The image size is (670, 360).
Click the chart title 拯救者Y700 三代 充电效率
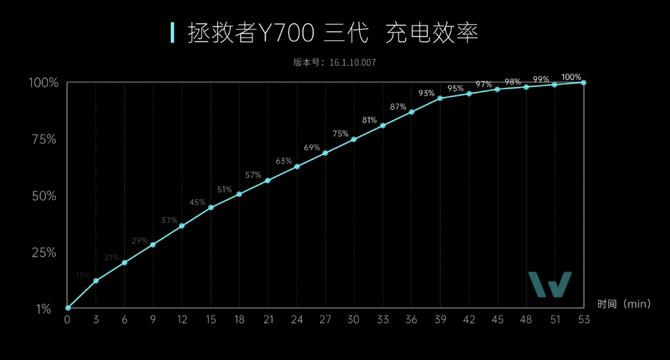(333, 33)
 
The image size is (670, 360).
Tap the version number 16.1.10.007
(352, 63)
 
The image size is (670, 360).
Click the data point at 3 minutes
(96, 281)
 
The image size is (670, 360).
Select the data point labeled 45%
(211, 208)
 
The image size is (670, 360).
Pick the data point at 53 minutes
(583, 83)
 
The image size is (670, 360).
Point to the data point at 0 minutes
(68, 308)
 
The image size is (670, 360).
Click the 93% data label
(426, 93)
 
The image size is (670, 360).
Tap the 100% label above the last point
(571, 77)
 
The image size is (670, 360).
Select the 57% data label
(253, 175)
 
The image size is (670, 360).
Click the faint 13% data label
(83, 276)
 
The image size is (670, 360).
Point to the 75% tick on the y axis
(44, 140)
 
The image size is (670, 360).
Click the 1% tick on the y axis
(44, 309)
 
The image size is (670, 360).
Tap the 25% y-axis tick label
(44, 253)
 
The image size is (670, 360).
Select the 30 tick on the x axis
(353, 320)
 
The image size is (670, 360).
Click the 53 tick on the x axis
(583, 320)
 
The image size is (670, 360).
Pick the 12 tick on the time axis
(182, 320)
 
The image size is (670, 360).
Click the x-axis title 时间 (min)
(624, 304)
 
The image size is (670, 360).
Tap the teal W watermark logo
(550, 284)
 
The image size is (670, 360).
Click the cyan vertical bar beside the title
(172, 33)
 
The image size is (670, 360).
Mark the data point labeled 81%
(383, 126)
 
